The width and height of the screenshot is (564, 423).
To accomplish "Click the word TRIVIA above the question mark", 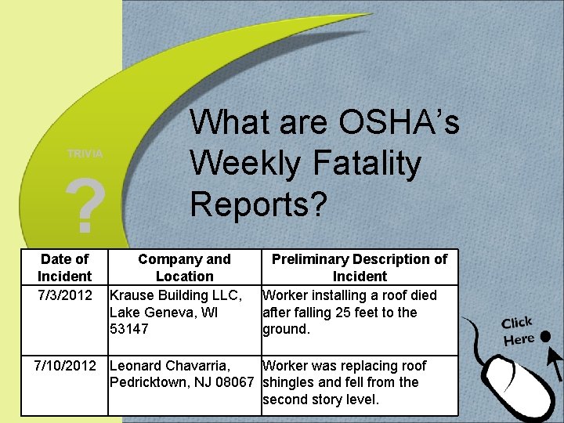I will tap(85, 154).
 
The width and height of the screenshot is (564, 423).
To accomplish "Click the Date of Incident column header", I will tap(64, 267).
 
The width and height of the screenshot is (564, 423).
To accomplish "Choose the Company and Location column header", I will tap(184, 267).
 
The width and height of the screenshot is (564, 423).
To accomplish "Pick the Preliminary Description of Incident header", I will tap(360, 267).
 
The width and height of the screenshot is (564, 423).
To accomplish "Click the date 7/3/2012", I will tap(64, 295).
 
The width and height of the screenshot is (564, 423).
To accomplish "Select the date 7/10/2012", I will tap(64, 366).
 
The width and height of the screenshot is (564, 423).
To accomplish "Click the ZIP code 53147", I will tap(128, 329).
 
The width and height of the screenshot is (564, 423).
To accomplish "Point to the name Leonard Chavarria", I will tap(170, 366).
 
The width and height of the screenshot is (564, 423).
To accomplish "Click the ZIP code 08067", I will tap(233, 382).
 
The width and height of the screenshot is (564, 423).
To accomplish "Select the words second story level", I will tap(320, 399).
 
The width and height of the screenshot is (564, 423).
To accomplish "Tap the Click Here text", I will tap(519, 331).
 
